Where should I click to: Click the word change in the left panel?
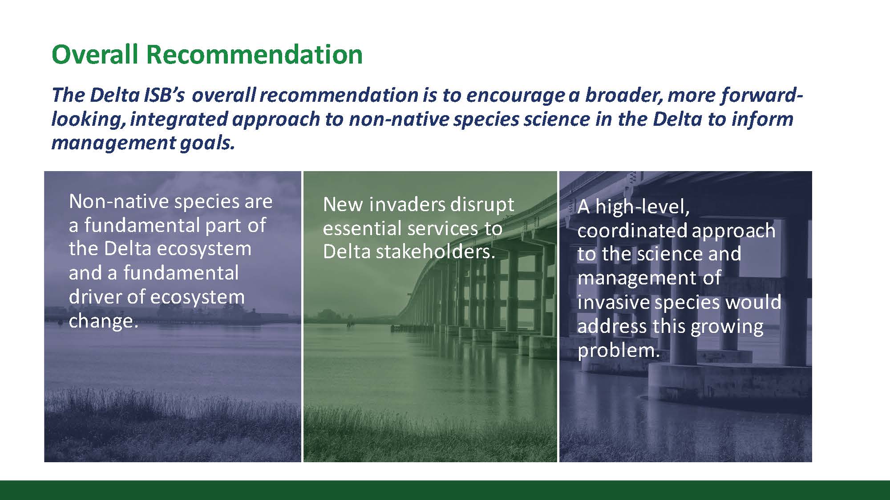(104, 321)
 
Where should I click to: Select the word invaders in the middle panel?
(407, 204)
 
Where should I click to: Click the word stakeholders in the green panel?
(436, 252)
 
